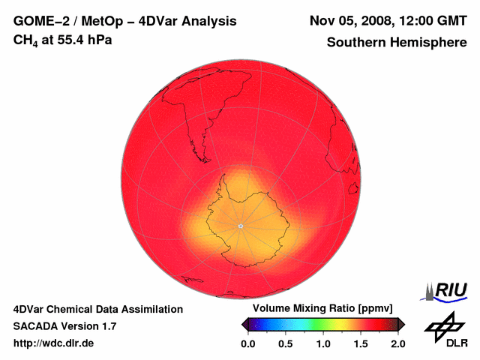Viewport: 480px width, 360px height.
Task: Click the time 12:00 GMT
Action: tap(433, 21)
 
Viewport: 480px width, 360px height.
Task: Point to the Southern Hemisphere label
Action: tap(396, 43)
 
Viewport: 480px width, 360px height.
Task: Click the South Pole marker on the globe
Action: tap(240, 226)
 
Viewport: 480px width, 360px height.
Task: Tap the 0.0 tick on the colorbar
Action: tap(248, 343)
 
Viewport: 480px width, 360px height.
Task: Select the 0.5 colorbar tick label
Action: tap(286, 343)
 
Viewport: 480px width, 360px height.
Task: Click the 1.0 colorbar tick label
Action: tap(323, 343)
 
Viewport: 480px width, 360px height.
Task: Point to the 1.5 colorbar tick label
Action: tap(361, 343)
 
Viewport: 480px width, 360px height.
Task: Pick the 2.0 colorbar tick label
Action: tap(397, 343)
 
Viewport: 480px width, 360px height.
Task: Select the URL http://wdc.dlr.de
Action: tap(54, 343)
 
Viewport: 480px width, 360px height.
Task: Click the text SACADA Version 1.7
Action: tap(64, 326)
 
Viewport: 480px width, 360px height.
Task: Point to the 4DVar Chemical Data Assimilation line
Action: tap(98, 309)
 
